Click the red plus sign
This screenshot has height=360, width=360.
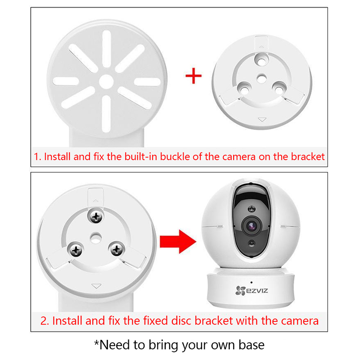pyautogui.click(x=193, y=76)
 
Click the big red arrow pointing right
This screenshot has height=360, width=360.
pyautogui.click(x=178, y=242)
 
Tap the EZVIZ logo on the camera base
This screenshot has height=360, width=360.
pyautogui.click(x=252, y=290)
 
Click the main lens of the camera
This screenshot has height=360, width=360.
pyautogui.click(x=252, y=226)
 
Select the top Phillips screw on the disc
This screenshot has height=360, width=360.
pyautogui.click(x=96, y=216)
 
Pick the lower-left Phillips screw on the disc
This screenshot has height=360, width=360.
pyautogui.click(x=76, y=250)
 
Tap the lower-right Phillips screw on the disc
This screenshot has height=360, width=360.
pyautogui.click(x=117, y=249)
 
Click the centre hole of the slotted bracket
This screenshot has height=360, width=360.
pyautogui.click(x=106, y=81)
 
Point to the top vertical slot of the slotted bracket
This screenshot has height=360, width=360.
pyautogui.click(x=107, y=49)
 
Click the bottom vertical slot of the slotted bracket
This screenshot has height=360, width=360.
pyautogui.click(x=106, y=114)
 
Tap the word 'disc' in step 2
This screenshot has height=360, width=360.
pyautogui.click(x=181, y=321)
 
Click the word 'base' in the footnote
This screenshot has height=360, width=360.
pyautogui.click(x=252, y=345)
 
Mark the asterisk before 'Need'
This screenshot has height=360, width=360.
pyautogui.click(x=96, y=342)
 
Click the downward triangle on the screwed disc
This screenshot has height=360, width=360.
pyautogui.click(x=96, y=286)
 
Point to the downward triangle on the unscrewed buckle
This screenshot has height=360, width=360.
pyautogui.click(x=262, y=120)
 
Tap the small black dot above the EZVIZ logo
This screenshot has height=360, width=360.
pyautogui.click(x=252, y=283)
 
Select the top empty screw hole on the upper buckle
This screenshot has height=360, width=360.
pyautogui.click(x=261, y=61)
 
